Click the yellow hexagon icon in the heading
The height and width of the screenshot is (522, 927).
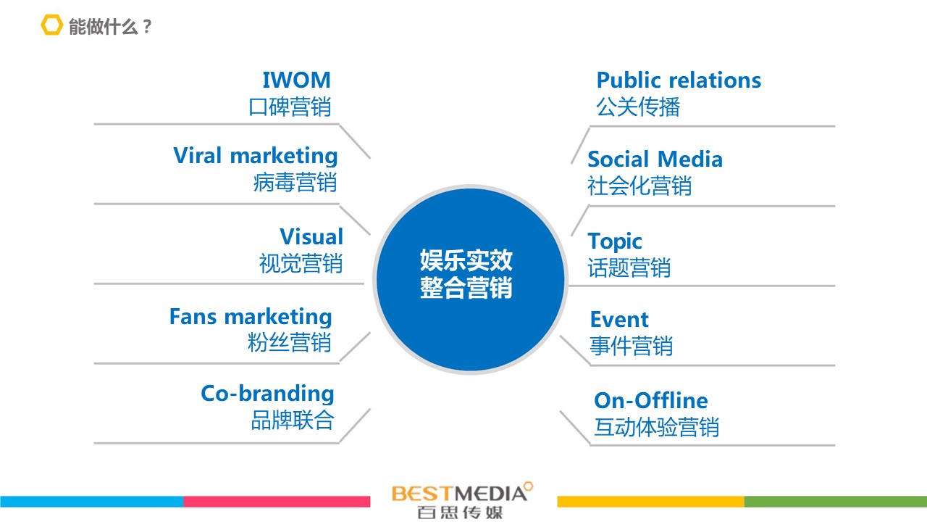[x=51, y=25]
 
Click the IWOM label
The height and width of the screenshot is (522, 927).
[x=297, y=80]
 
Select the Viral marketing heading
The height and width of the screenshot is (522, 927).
[x=256, y=156]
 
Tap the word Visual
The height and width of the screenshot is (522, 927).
[x=311, y=236]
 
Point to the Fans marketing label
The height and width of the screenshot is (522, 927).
[x=251, y=317]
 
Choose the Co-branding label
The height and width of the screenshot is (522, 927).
[x=267, y=394]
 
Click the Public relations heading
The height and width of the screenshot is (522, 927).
[x=679, y=80]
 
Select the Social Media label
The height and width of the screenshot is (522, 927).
[x=655, y=159]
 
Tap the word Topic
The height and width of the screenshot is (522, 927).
[x=615, y=241]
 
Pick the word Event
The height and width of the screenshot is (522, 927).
[x=619, y=320]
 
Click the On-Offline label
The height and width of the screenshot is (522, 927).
[x=651, y=400]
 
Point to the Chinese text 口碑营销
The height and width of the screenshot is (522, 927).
[x=290, y=107]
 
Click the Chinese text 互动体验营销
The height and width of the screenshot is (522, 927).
[x=657, y=427]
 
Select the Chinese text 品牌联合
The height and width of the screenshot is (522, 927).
[x=293, y=420]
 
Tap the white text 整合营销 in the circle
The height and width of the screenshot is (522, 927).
[x=466, y=288]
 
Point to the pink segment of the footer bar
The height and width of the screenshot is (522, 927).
[x=277, y=502]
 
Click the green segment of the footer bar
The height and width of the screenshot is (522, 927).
[x=836, y=502]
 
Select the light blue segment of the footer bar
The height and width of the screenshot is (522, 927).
[x=92, y=502]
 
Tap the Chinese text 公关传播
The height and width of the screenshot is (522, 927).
[x=638, y=107]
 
